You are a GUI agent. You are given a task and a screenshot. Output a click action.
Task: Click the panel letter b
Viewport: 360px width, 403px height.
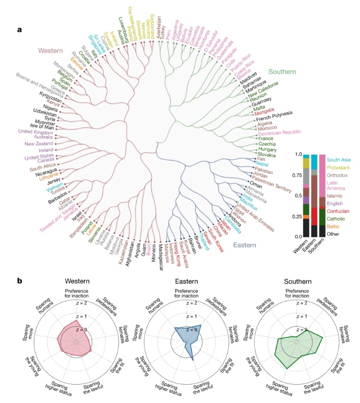pyautogui.click(x=20, y=280)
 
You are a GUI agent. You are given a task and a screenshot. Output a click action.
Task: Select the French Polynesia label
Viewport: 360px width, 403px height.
pyautogui.click(x=283, y=115)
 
